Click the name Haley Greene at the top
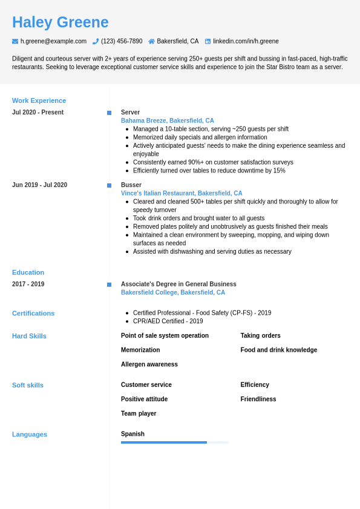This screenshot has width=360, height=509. (x=61, y=22)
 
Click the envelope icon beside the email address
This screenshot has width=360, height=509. (x=15, y=41)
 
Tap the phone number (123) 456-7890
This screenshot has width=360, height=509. (x=122, y=41)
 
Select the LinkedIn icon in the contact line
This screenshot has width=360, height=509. (x=208, y=41)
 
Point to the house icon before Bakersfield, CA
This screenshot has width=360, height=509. (x=151, y=41)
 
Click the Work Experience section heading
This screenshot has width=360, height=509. (x=39, y=100)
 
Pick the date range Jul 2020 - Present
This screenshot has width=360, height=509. (x=38, y=113)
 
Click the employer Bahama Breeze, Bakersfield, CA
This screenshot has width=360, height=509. (x=167, y=121)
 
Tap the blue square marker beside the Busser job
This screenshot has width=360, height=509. (x=110, y=185)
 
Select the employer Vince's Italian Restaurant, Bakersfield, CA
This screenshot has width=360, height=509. (x=182, y=194)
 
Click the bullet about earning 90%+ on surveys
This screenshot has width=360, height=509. (x=213, y=162)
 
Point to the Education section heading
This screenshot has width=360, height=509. (x=28, y=272)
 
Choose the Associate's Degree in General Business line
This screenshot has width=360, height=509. (x=178, y=284)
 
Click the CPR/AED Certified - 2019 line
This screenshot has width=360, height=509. (x=168, y=321)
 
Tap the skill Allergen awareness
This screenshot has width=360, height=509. (x=149, y=364)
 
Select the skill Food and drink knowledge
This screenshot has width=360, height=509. (x=278, y=350)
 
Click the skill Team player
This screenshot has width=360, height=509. (x=139, y=413)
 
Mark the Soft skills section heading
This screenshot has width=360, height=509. (x=28, y=385)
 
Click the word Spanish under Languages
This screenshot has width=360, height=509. (x=133, y=434)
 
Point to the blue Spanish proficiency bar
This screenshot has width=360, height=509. (x=164, y=442)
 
